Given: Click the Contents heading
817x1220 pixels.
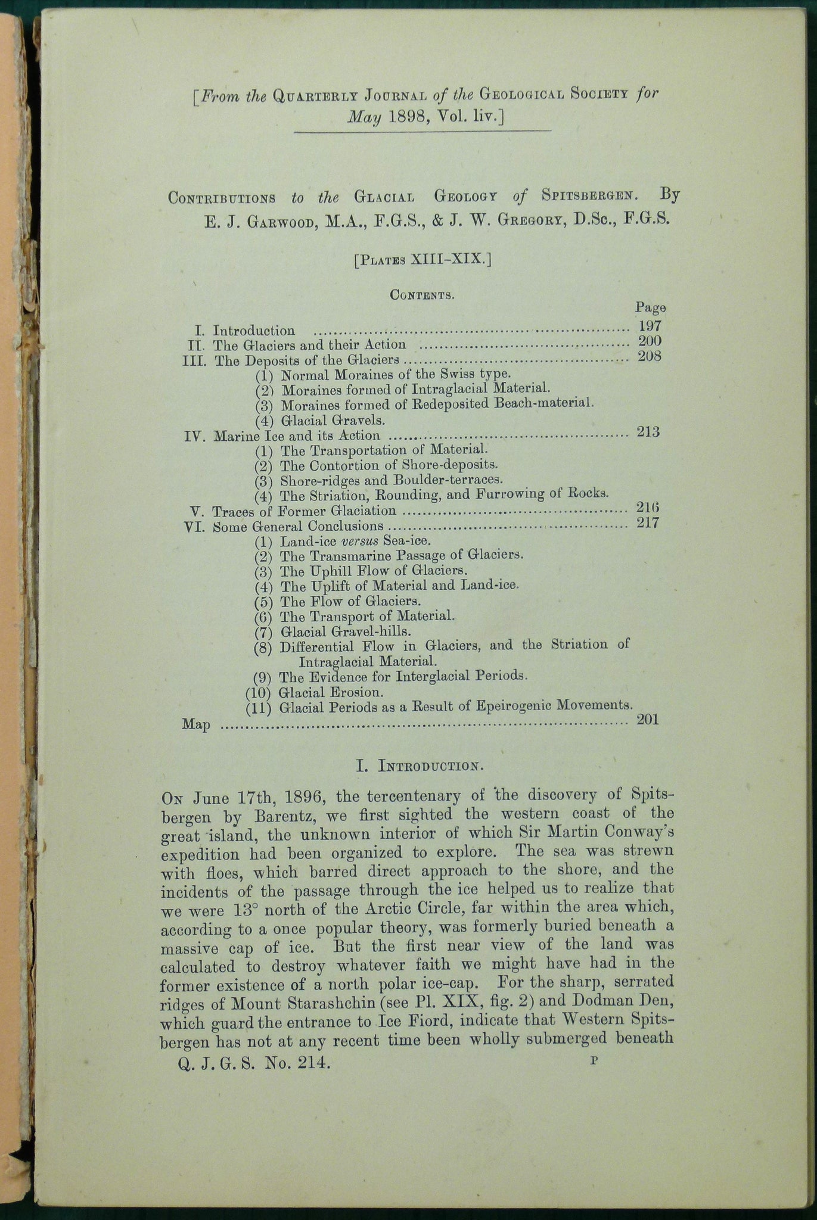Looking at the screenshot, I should [423, 294].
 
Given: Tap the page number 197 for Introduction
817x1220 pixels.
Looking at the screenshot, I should [649, 326].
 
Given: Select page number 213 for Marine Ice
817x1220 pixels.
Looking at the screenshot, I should [648, 431].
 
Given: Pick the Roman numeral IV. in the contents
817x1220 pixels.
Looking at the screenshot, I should [195, 437].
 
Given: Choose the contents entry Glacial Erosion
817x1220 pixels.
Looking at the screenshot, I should [331, 693].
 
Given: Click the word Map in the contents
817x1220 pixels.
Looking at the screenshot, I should [195, 726].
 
